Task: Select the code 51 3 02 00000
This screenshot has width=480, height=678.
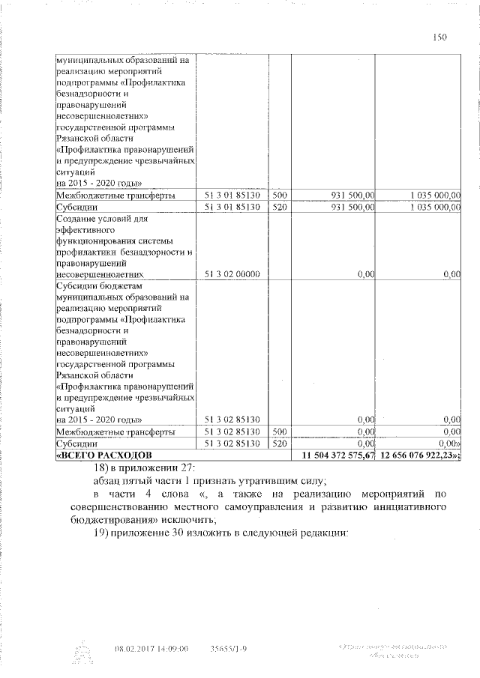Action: [x=232, y=275]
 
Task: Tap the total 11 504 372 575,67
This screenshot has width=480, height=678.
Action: [x=336, y=455]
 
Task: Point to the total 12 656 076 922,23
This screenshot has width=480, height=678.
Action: [x=419, y=455]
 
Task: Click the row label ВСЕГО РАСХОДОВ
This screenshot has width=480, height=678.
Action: [x=104, y=455]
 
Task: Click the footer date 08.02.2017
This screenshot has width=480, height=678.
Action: [x=132, y=648]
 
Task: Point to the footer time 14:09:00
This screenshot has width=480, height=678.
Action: [x=173, y=648]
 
